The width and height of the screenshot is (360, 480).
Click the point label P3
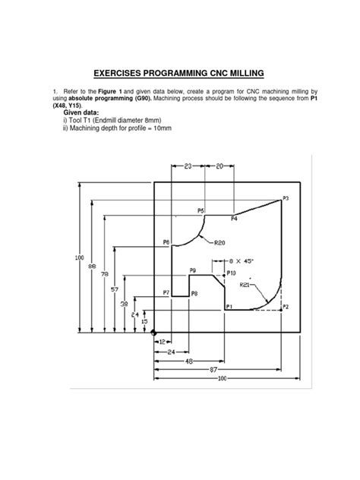(x=286, y=198)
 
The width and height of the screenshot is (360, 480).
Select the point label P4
(x=233, y=219)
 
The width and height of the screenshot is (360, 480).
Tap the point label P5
(x=201, y=210)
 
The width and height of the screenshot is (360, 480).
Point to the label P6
(x=167, y=242)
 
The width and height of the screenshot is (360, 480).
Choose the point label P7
(x=166, y=292)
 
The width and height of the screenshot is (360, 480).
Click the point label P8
(x=194, y=292)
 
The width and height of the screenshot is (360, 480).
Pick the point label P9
(x=193, y=270)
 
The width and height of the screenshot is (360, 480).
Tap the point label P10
(x=232, y=272)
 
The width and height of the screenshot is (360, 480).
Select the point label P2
(x=286, y=307)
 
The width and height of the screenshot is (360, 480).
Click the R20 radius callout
(x=219, y=243)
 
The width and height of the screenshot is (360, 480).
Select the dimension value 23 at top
(x=189, y=164)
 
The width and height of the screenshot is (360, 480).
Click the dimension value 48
(x=188, y=362)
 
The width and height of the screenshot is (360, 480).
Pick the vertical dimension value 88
(x=92, y=266)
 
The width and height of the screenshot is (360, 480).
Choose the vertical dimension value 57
(x=114, y=289)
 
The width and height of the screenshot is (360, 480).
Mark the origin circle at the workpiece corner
(x=153, y=332)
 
